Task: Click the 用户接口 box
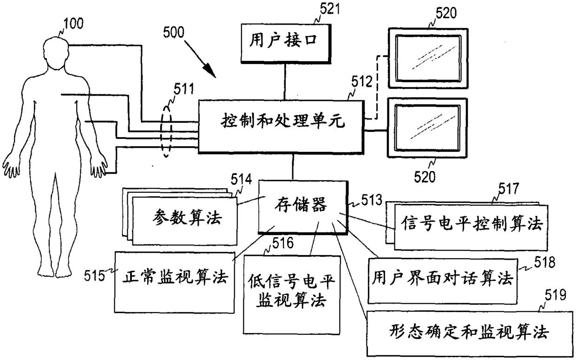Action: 286,44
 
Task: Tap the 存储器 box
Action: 303,207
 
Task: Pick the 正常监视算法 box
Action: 175,282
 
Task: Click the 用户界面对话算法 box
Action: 442,281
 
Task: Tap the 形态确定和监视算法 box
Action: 470,334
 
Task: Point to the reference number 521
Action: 330,9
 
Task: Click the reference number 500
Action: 174,33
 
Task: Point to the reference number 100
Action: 73,23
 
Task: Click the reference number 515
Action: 95,276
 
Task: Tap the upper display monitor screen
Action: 428,58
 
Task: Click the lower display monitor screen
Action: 427,128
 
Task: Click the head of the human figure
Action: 56,52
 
